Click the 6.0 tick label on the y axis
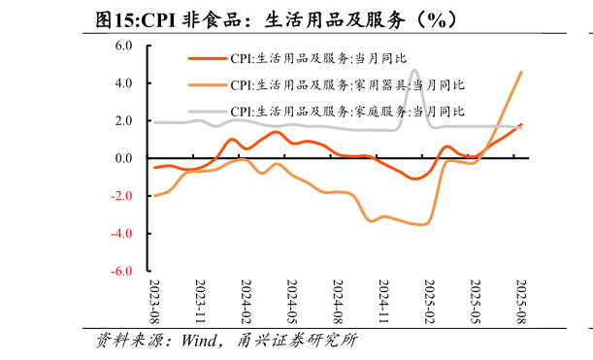pyautogui.click(x=123, y=46)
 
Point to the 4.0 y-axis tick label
pyautogui.click(x=123, y=83)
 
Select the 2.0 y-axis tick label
pyautogui.click(x=123, y=121)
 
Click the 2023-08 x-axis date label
pyautogui.click(x=155, y=301)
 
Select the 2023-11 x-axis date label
pyautogui.click(x=201, y=301)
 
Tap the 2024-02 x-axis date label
pyautogui.click(x=247, y=301)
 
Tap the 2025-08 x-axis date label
pyautogui.click(x=520, y=301)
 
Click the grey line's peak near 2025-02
pyautogui.click(x=414, y=70)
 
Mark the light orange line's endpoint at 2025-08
pyautogui.click(x=521, y=72)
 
